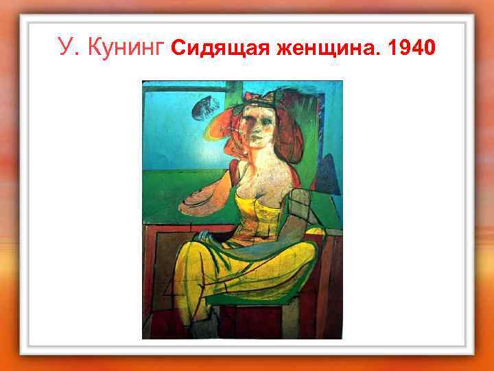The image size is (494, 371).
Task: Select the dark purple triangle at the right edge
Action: tap(329, 175)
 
